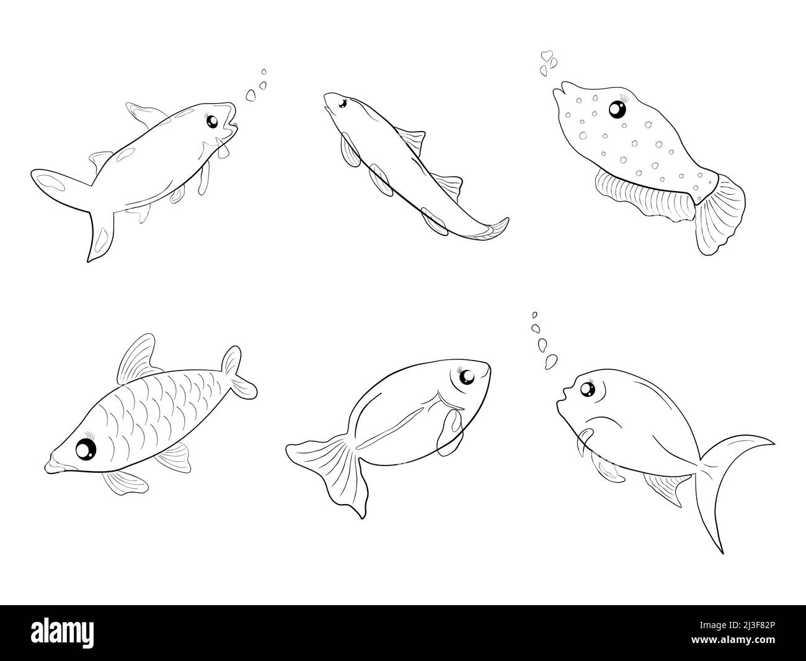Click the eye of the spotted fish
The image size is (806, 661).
click(617, 109)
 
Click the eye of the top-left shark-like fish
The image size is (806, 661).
click(212, 120)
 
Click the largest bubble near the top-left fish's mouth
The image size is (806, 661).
click(252, 95)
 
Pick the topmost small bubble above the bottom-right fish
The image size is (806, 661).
click(535, 314)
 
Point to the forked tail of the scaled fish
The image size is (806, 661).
click(238, 373)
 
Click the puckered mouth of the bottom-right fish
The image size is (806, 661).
click(562, 393)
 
